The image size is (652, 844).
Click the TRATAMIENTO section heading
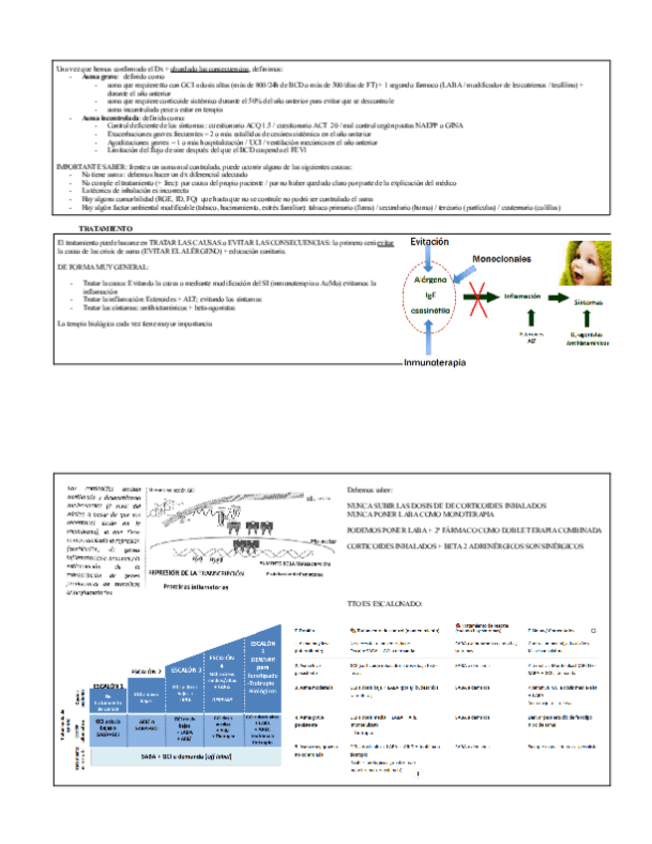point(103,228)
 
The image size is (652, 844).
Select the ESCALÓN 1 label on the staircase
point(108,686)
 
